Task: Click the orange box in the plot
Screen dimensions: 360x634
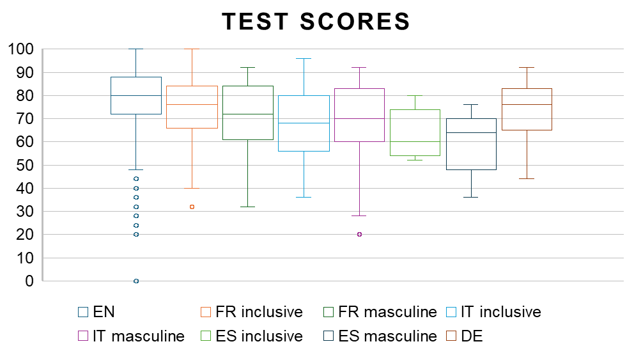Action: pyautogui.click(x=192, y=107)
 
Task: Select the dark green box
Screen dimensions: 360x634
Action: pyautogui.click(x=247, y=113)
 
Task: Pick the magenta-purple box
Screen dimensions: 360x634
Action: pyautogui.click(x=359, y=115)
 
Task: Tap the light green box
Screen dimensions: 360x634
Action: pyautogui.click(x=415, y=132)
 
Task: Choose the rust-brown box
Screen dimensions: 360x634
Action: pyautogui.click(x=527, y=109)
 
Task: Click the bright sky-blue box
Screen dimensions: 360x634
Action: pyautogui.click(x=304, y=123)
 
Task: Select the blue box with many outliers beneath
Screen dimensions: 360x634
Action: pyautogui.click(x=136, y=95)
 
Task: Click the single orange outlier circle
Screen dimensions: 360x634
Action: pyautogui.click(x=192, y=207)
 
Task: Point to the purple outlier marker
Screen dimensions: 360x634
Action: pyautogui.click(x=359, y=234)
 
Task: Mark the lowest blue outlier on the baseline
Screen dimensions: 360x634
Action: pyautogui.click(x=136, y=281)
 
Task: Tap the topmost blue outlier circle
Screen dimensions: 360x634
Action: pyautogui.click(x=136, y=178)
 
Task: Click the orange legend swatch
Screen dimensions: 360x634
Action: pyautogui.click(x=206, y=312)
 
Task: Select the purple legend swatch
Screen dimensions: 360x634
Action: pyautogui.click(x=83, y=336)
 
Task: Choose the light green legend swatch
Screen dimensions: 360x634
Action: pyautogui.click(x=206, y=336)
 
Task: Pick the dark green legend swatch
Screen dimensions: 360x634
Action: pyautogui.click(x=329, y=312)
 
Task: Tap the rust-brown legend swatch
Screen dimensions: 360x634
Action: pyautogui.click(x=451, y=336)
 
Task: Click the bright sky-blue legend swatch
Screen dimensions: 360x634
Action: pyautogui.click(x=451, y=312)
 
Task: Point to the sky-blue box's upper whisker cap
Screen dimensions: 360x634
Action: pyautogui.click(x=304, y=58)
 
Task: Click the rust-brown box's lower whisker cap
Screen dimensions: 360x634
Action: pyautogui.click(x=527, y=178)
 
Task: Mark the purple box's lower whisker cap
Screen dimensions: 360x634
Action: pyautogui.click(x=359, y=215)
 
